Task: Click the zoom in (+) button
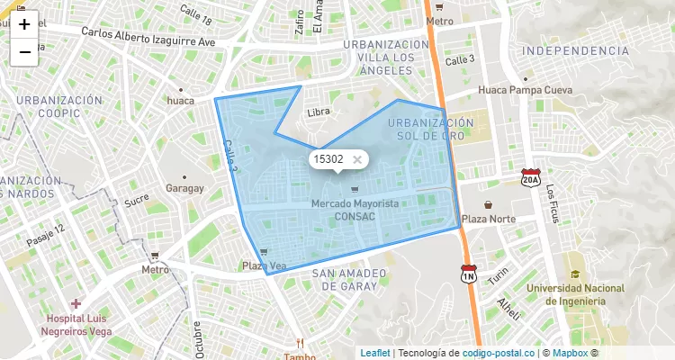pyautogui.click(x=24, y=24)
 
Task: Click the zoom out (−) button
pyautogui.click(x=24, y=52)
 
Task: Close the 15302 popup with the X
pyautogui.click(x=357, y=159)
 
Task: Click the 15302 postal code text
pyautogui.click(x=328, y=159)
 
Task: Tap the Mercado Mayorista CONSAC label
pyautogui.click(x=355, y=210)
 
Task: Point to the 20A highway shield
pyautogui.click(x=530, y=179)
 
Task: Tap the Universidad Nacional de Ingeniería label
pyautogui.click(x=575, y=294)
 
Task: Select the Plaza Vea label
pyautogui.click(x=264, y=265)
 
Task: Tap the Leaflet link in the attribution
pyautogui.click(x=375, y=353)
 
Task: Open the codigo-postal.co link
pyautogui.click(x=499, y=353)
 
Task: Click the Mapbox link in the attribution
pyautogui.click(x=570, y=353)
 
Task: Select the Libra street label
pyautogui.click(x=319, y=112)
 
